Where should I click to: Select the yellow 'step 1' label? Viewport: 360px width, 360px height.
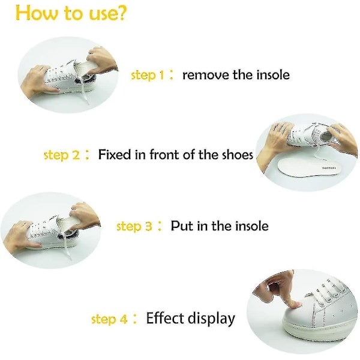pyautogui.click(x=148, y=75)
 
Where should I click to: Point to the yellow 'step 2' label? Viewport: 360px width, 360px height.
pyautogui.click(x=62, y=155)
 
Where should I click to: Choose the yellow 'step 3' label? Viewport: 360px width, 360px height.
pyautogui.click(x=134, y=226)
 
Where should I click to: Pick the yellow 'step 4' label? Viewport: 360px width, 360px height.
pyautogui.click(x=109, y=319)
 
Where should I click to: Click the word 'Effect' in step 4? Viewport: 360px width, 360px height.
pyautogui.click(x=166, y=318)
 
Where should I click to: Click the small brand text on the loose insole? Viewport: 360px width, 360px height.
pyautogui.click(x=329, y=168)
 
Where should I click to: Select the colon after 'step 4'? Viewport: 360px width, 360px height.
pyautogui.click(x=135, y=319)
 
